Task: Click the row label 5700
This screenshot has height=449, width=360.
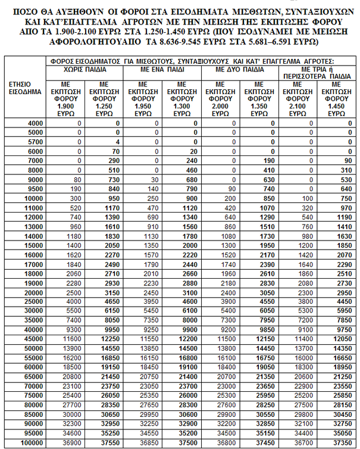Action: coord(34,142)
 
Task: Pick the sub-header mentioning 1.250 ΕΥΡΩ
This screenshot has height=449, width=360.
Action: coord(105,98)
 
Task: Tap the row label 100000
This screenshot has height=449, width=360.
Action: coord(32,444)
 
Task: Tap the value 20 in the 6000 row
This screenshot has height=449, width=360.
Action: coord(193,151)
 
